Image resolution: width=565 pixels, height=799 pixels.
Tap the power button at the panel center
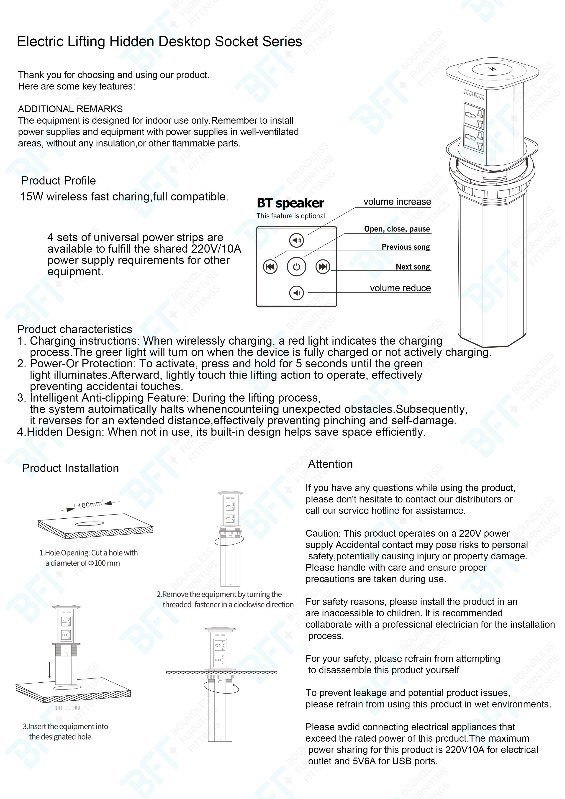tap(296, 267)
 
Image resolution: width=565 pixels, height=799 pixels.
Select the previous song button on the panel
tap(270, 267)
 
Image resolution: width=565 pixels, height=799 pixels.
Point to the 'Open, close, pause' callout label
tap(397, 229)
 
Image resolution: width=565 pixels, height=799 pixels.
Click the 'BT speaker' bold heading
tap(290, 203)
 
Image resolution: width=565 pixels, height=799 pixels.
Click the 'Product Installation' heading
tap(70, 468)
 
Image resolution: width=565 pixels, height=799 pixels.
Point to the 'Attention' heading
tap(330, 464)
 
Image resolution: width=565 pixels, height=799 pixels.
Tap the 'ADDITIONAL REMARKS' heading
tap(70, 109)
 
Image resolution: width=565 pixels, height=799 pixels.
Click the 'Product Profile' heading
tap(59, 181)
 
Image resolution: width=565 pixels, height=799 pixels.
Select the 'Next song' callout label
tap(413, 267)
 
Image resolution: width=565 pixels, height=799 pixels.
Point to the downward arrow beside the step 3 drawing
tap(50, 669)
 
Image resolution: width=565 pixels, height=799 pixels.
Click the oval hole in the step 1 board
tap(90, 523)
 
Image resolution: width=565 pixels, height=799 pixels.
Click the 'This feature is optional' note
tap(291, 216)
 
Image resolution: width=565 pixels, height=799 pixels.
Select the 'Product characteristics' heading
tap(74, 329)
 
